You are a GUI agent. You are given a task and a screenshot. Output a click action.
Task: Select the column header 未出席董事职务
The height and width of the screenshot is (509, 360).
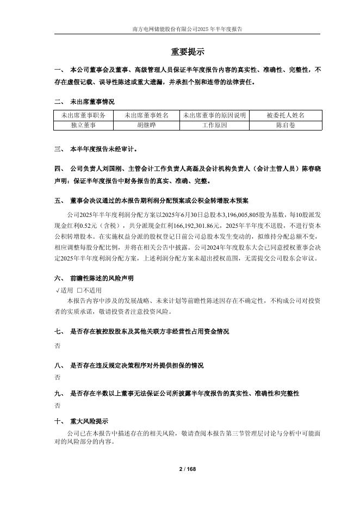[83, 115]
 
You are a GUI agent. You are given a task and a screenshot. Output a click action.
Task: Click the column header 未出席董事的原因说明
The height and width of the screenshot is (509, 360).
[214, 115]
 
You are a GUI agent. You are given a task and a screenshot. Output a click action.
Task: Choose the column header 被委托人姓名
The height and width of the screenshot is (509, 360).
[285, 115]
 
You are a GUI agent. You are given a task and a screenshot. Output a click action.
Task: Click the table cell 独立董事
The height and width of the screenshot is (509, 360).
[83, 125]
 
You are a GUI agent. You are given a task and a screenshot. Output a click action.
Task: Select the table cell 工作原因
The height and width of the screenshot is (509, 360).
[214, 125]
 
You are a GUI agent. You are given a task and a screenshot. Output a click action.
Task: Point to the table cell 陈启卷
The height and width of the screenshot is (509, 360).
[285, 125]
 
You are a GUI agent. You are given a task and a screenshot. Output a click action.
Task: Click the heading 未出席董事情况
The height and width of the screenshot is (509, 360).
[92, 102]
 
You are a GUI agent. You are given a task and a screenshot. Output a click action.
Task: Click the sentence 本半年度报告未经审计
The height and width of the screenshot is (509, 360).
[103, 148]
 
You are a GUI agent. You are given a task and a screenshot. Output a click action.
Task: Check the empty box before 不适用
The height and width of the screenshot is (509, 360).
[79, 290]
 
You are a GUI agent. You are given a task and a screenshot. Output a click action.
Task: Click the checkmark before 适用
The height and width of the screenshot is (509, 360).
[58, 290]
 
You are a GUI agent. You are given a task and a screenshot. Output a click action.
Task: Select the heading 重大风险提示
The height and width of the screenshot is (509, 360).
[89, 421]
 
